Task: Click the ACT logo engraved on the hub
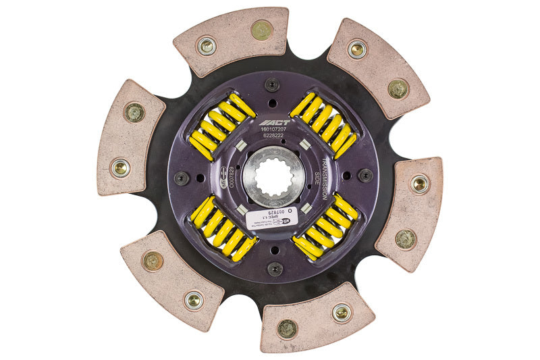point(272,124)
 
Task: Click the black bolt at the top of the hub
point(272,85)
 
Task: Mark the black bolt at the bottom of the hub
point(274,269)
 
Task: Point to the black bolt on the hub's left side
point(182,178)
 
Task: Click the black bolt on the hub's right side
point(365,176)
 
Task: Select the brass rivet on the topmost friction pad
point(261,30)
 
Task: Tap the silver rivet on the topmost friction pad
point(207,46)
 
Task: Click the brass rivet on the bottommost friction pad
point(287,328)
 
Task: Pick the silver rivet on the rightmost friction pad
point(419,183)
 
